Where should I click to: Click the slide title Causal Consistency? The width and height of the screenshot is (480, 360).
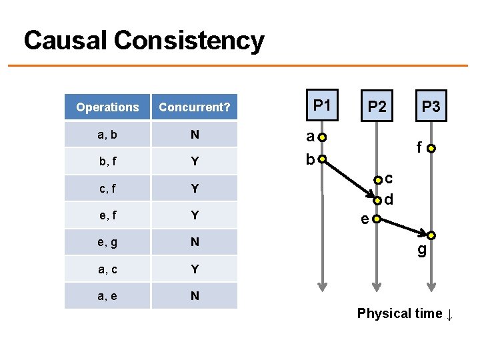[144, 41]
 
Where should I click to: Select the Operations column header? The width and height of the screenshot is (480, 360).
[107, 107]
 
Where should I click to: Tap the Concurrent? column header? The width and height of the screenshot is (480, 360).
[195, 107]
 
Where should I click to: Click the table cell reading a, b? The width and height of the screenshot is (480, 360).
[107, 135]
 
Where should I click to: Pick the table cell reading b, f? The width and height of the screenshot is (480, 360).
[107, 161]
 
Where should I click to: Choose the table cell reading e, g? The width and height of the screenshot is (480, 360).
[107, 242]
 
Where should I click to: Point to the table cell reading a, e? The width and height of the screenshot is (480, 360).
[107, 295]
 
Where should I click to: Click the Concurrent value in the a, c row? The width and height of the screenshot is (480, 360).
[195, 269]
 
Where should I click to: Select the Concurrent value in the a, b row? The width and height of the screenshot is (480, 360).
[195, 135]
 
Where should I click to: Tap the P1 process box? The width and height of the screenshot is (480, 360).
[322, 105]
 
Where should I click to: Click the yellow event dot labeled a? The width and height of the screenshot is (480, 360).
[323, 138]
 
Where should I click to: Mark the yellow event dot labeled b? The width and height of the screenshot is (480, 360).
[323, 160]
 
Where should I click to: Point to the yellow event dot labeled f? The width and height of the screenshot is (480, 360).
[431, 148]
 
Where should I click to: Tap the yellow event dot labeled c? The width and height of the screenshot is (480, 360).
[377, 179]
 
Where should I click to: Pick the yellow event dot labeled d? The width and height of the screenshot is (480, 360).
[377, 201]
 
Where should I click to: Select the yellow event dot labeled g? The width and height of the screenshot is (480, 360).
[431, 235]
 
